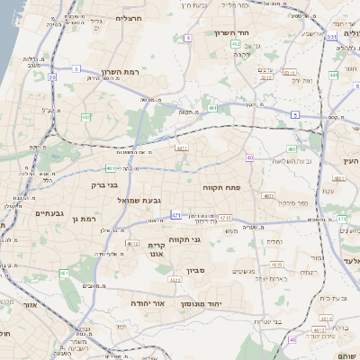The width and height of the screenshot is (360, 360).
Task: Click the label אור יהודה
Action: (149, 304)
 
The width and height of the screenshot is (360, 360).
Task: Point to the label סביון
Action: (197, 269)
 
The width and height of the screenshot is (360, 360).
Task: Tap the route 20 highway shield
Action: (52, 77)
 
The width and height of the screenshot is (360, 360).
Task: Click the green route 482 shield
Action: (236, 43)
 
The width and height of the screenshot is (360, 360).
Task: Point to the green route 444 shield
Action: (333, 76)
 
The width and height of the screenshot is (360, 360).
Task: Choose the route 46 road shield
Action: (292, 339)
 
